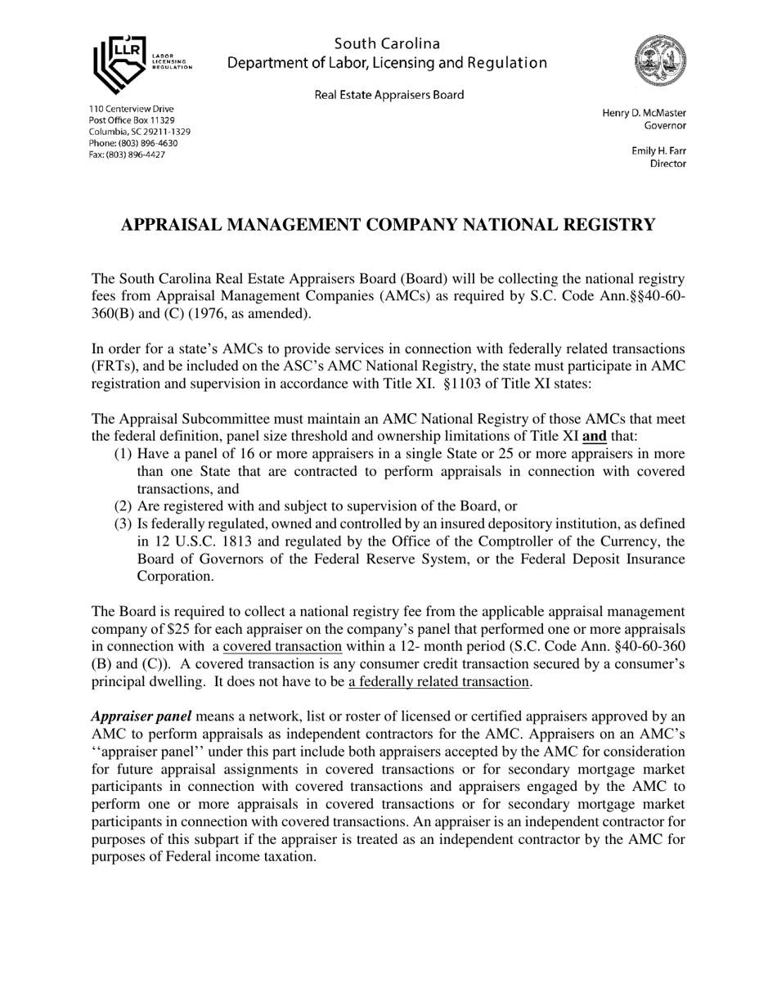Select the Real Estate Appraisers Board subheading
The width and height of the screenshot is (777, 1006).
click(388, 95)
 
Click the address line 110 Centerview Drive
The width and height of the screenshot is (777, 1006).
click(131, 109)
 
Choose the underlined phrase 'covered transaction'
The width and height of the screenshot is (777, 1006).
click(282, 646)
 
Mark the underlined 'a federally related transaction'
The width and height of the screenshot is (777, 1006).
click(439, 681)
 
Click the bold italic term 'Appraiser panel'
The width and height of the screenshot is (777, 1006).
click(141, 716)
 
